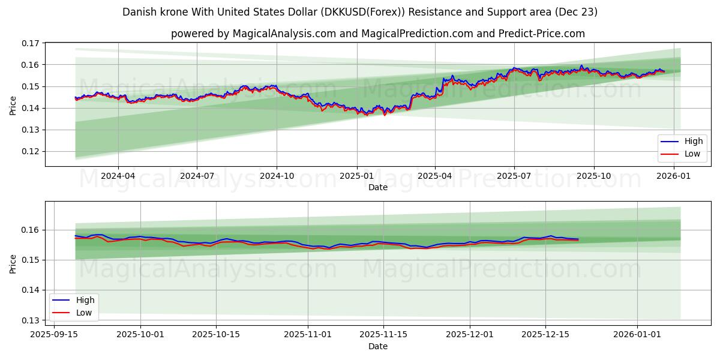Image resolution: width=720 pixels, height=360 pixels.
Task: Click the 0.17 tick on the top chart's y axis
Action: point(31,43)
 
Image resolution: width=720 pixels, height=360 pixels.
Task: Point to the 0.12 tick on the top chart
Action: point(31,151)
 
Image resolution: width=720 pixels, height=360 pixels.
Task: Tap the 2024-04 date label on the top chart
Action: point(118,176)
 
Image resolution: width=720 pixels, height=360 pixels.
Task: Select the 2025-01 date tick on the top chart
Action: point(356,176)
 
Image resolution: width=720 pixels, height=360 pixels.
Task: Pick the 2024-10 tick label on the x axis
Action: point(277,176)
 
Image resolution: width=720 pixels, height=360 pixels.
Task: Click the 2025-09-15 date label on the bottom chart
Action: point(54,335)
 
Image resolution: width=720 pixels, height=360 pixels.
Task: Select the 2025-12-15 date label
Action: point(545,335)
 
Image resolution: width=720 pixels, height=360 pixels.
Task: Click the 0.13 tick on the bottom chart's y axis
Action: point(31,320)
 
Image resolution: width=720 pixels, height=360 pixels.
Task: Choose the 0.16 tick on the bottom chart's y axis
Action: point(31,230)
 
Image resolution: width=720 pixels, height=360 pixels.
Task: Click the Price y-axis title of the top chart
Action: point(13,105)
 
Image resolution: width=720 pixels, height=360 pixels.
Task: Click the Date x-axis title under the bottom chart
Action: point(378,346)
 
